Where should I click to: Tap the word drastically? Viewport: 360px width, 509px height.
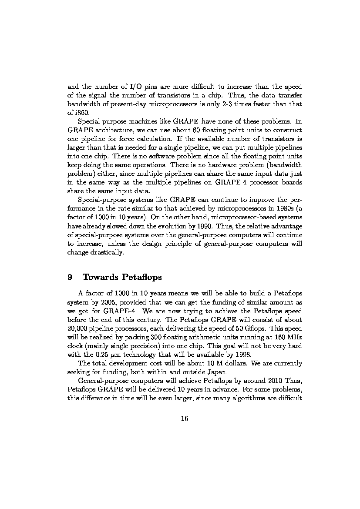[108, 252]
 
